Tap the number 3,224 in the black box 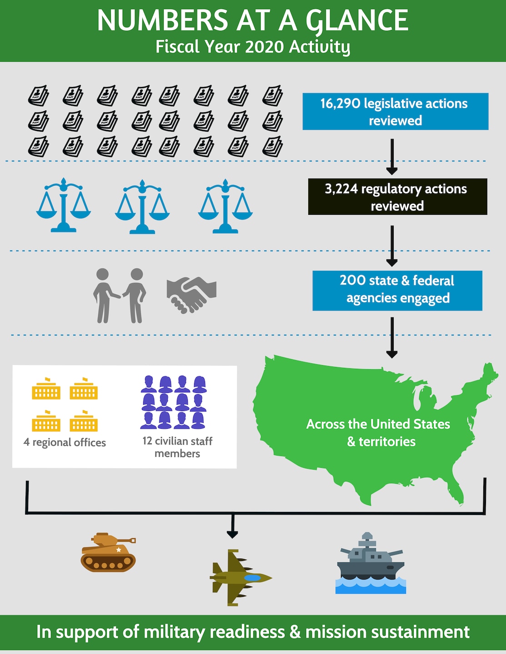tap(341, 189)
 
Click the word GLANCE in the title tap(357, 20)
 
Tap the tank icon tap(108, 552)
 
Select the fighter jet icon tap(240, 578)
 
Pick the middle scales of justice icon tap(142, 207)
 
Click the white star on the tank tap(119, 550)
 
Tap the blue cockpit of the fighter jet tap(252, 578)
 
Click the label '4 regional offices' tap(65, 442)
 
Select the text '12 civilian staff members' tap(177, 447)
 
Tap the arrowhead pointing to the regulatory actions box tap(392, 171)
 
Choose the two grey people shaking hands tap(120, 296)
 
